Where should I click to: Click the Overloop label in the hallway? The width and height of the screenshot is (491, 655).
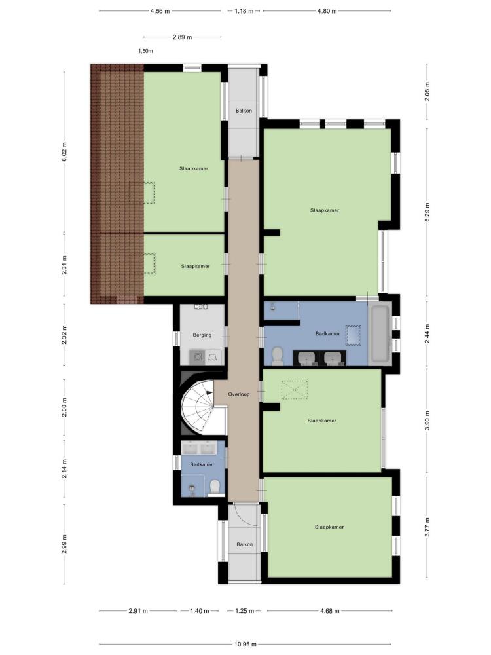click(x=239, y=394)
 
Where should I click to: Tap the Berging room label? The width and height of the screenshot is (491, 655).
click(x=202, y=335)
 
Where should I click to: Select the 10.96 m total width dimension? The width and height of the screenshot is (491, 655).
click(x=245, y=644)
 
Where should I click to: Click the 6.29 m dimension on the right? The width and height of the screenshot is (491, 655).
click(x=427, y=212)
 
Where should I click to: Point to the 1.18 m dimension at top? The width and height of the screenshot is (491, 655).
click(x=244, y=11)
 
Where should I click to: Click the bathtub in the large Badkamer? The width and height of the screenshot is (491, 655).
click(x=380, y=334)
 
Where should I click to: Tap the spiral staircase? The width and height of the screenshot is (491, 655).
click(x=200, y=406)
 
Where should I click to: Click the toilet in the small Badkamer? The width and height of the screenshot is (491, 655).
click(x=215, y=487)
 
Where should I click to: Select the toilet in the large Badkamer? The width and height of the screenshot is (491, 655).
click(x=277, y=356)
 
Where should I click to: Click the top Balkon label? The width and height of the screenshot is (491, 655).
click(x=244, y=111)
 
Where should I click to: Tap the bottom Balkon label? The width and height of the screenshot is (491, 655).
click(x=245, y=544)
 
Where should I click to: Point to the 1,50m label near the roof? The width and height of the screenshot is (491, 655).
click(x=145, y=51)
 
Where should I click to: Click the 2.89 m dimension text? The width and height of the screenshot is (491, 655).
click(x=183, y=37)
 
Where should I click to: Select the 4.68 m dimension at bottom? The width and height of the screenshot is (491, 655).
click(x=330, y=611)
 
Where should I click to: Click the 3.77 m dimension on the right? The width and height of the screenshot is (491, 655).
click(x=427, y=527)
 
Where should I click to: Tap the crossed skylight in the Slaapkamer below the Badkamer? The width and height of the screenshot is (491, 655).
click(x=295, y=389)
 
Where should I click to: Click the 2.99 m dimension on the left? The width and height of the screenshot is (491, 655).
click(x=64, y=544)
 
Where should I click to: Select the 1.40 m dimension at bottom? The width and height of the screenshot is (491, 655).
click(x=200, y=611)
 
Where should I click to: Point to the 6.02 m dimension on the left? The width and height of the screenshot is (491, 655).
click(x=64, y=152)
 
